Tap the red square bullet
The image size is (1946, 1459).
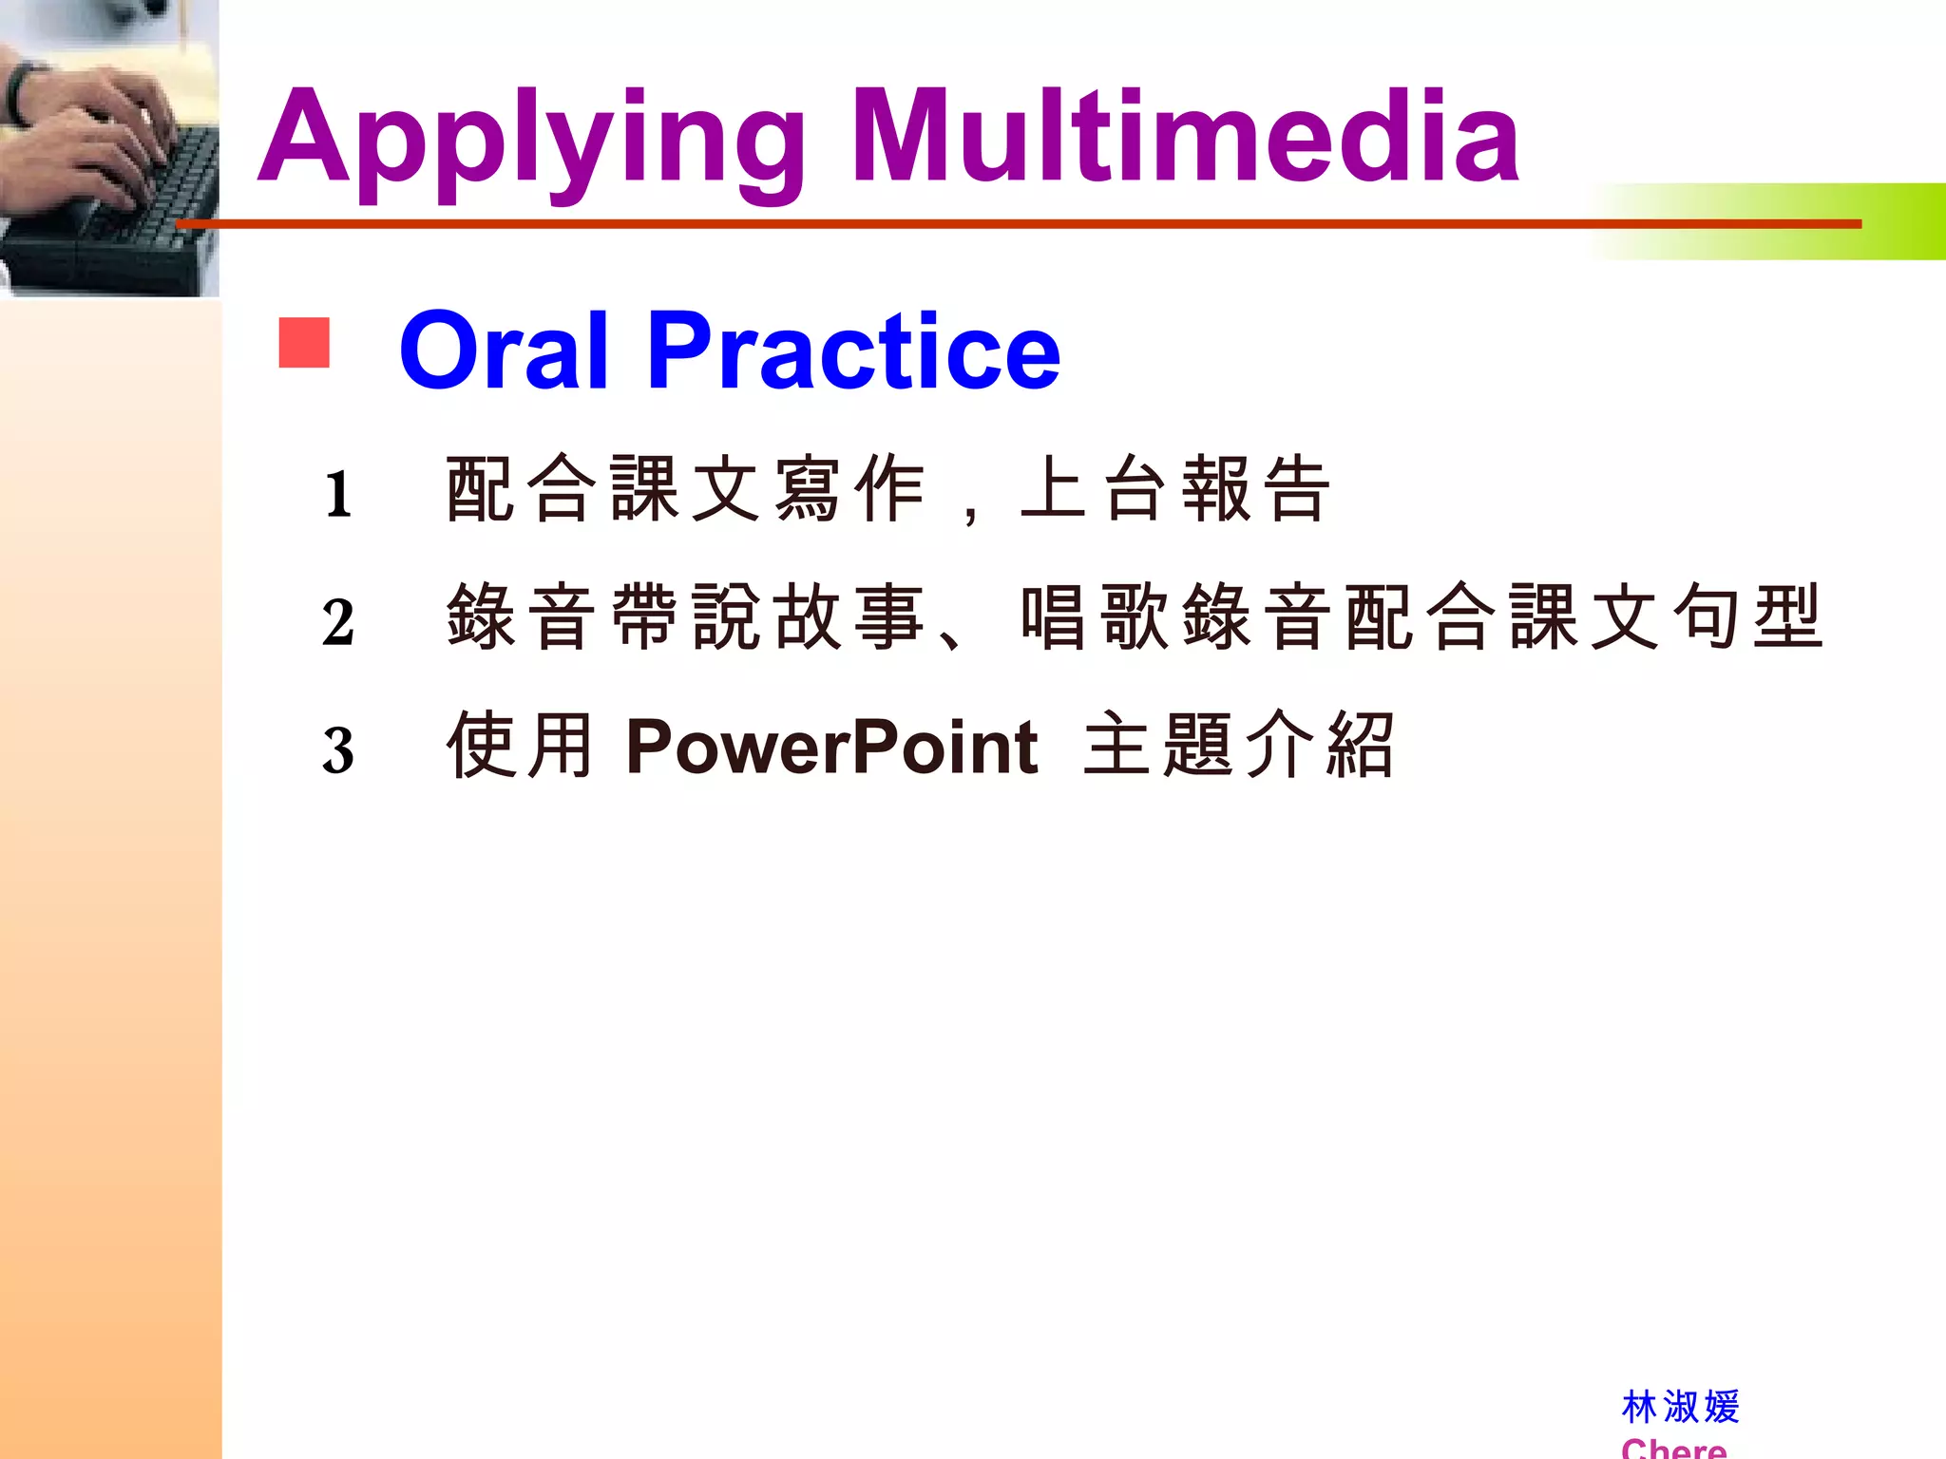coord(304,343)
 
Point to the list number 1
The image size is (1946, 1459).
coord(338,495)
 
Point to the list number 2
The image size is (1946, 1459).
coord(338,623)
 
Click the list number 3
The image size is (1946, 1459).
coord(338,751)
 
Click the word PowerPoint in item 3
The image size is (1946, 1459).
coord(831,748)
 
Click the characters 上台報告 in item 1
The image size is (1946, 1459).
coord(1173,489)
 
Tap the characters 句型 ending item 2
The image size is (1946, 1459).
coord(1748,617)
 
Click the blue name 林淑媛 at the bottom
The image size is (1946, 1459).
coord(1680,1407)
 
